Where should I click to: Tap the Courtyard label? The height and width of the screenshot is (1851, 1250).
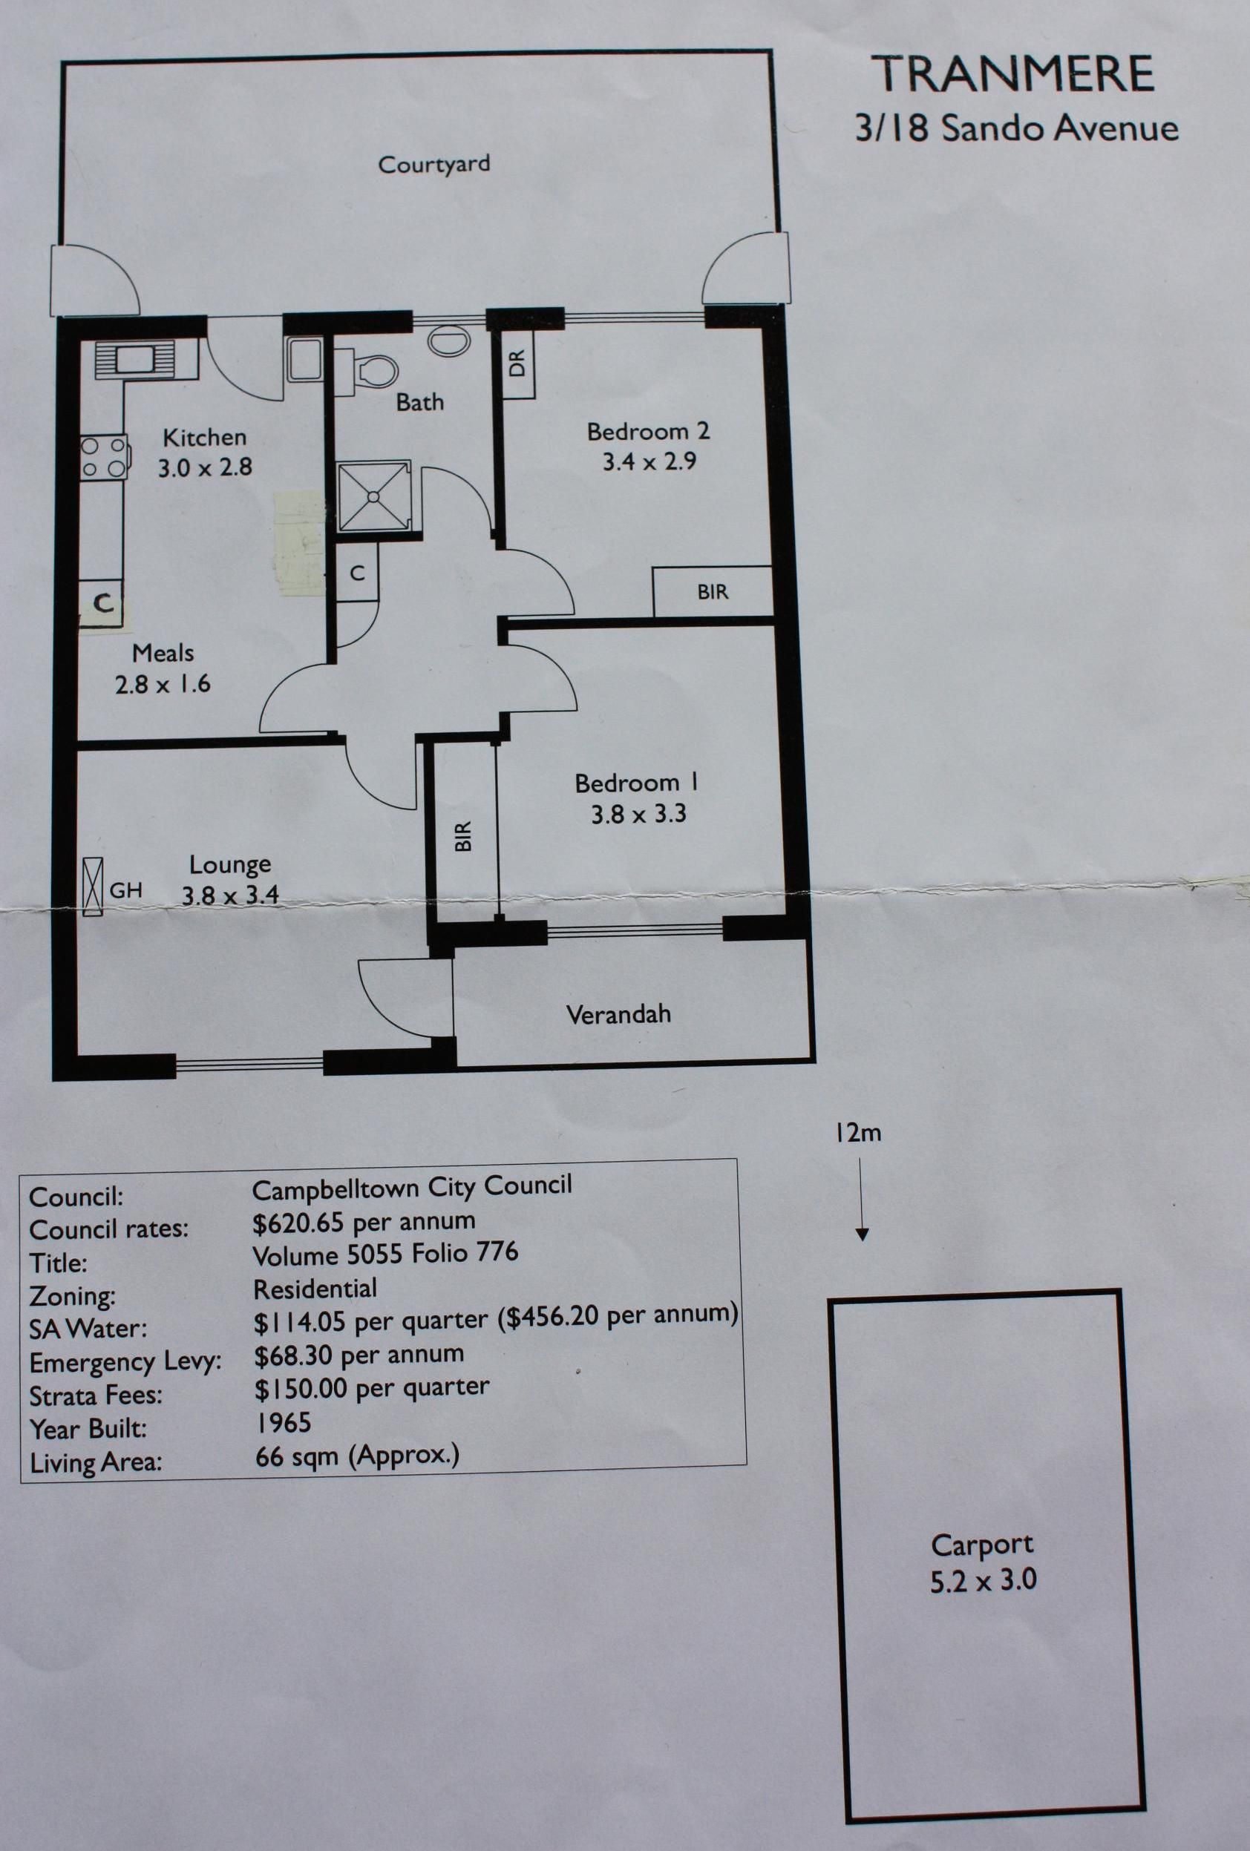pos(433,164)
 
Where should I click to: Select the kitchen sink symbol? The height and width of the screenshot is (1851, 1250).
pos(134,360)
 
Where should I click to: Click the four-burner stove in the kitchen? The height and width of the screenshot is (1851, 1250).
pos(104,457)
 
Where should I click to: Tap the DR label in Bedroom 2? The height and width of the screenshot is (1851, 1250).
pos(518,364)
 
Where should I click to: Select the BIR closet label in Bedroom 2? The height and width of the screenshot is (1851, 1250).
pos(713,592)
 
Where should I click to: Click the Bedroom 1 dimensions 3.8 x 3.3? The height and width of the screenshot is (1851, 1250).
pos(638,814)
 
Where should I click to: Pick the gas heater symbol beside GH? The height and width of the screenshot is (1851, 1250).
pos(93,887)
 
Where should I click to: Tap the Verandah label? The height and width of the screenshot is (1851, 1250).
pos(618,1015)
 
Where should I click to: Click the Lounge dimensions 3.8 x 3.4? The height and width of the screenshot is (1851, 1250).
pos(230,895)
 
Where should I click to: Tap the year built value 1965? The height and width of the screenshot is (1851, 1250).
pos(283,1422)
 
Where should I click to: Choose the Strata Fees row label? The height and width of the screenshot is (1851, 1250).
pos(96,1396)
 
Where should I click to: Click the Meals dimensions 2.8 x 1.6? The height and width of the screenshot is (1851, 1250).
pos(163,684)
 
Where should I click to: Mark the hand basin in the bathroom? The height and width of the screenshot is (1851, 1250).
pos(448,340)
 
